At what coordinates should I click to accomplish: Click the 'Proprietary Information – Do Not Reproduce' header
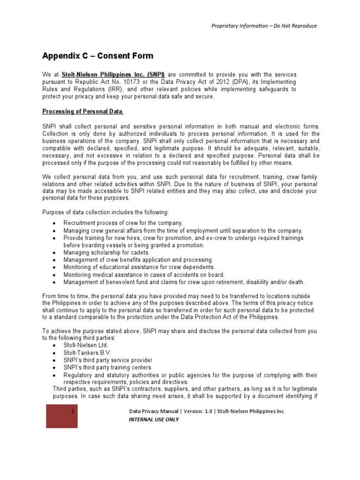[x=264, y=26]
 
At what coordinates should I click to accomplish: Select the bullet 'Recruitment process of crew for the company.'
[x=123, y=223]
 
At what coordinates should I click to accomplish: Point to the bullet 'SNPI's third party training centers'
[x=107, y=367]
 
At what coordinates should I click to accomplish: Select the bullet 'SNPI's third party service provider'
[x=107, y=360]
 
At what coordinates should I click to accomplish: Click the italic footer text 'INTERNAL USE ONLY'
[x=154, y=420]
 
